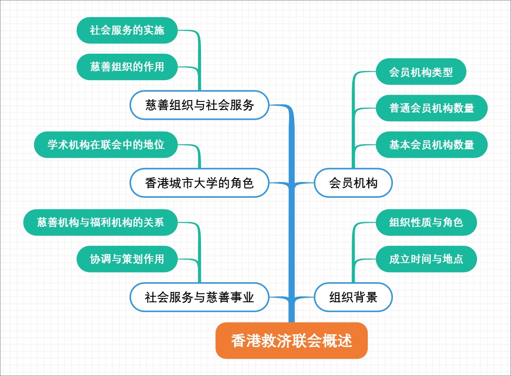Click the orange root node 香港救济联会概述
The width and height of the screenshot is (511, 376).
[x=291, y=341]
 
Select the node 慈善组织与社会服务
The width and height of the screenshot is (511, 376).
[x=199, y=105]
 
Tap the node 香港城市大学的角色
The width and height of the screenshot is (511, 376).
[x=199, y=183]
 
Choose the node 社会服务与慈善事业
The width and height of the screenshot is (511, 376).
[x=199, y=297]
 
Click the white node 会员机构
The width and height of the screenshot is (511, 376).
[x=353, y=183]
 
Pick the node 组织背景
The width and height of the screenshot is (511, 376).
[x=353, y=297]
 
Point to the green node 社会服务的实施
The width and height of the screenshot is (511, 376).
[x=127, y=30]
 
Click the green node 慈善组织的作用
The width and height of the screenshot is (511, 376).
[x=127, y=67]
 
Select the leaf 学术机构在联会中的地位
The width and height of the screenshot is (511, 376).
[x=106, y=145]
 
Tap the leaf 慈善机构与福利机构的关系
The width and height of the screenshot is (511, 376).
[x=100, y=222]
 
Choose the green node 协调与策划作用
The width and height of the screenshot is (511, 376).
[x=127, y=259]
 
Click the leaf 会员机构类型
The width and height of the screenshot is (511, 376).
[x=421, y=72]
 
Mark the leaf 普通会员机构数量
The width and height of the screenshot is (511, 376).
[x=431, y=108]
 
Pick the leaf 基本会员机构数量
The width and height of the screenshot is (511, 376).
[x=431, y=145]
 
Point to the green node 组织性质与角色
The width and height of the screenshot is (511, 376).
[x=426, y=222]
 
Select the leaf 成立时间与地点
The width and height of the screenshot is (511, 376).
[x=426, y=259]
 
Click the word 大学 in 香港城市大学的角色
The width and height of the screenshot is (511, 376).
[x=206, y=183]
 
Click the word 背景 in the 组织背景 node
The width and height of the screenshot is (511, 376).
[x=365, y=297]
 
